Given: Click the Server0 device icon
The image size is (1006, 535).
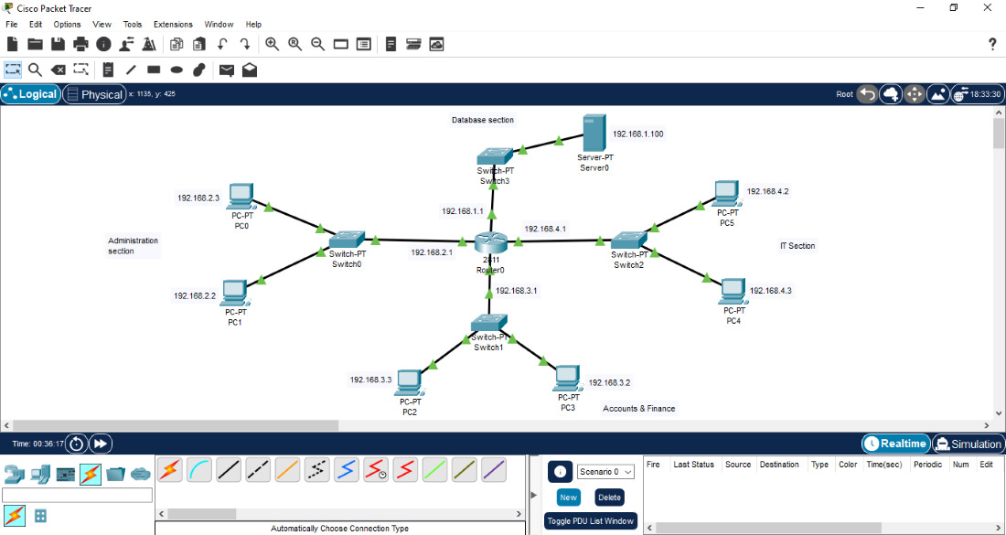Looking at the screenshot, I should (594, 134).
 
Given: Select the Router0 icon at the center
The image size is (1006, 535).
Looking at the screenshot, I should (490, 243).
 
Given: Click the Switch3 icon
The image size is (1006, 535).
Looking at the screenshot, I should (495, 155).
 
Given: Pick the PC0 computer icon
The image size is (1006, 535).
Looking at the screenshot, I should (241, 196).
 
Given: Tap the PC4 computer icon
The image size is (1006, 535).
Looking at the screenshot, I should (733, 291).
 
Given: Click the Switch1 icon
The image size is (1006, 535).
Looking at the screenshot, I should (489, 323).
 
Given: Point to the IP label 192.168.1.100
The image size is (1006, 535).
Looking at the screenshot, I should (638, 134).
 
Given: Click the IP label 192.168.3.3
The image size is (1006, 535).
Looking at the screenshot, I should (370, 380).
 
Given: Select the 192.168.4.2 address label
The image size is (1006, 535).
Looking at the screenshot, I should (767, 192).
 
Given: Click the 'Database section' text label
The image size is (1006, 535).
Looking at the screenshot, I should (483, 120).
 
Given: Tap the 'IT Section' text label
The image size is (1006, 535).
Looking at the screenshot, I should (797, 246).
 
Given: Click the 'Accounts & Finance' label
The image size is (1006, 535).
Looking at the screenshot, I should (639, 409).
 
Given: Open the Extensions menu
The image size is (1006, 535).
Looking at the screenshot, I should (173, 25).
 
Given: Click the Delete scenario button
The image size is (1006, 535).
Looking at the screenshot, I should (609, 498).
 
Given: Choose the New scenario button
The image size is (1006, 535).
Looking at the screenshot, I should (569, 498).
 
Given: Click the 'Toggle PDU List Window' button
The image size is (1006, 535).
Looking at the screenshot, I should (590, 521).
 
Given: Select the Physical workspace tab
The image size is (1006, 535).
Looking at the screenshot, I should (95, 94).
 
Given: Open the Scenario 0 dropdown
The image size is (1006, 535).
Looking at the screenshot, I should (605, 472).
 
